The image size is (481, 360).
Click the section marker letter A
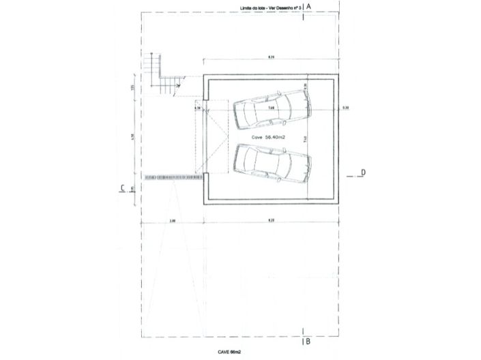309,6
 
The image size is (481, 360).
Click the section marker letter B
308,341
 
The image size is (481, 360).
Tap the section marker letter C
121,188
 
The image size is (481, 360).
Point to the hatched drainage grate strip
175,177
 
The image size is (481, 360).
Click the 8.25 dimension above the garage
271,56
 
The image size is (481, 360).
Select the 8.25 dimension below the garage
271,221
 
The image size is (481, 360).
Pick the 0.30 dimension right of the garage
345,108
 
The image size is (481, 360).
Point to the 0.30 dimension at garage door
198,108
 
